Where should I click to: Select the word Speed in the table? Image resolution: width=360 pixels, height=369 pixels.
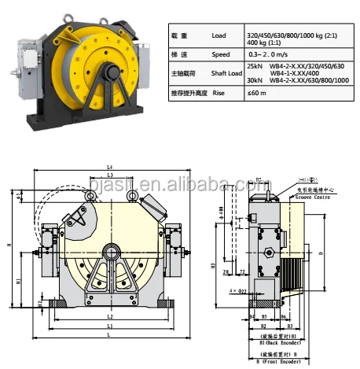pos(222,55)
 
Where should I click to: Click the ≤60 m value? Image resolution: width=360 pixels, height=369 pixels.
pos(255,93)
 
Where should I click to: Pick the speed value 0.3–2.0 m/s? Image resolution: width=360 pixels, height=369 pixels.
pos(267,55)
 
